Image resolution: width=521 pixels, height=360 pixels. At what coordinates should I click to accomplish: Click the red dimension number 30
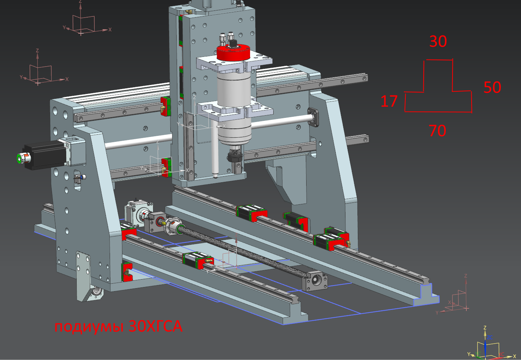(x=438, y=42)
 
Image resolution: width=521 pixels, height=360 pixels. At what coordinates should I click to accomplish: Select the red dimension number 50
(x=492, y=87)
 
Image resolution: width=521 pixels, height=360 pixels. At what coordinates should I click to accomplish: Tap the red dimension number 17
(x=389, y=101)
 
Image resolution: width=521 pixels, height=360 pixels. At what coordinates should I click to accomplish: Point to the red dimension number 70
(x=438, y=131)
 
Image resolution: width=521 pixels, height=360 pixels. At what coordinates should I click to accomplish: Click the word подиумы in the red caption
(x=89, y=327)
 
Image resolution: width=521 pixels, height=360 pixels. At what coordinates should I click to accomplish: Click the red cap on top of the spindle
(x=233, y=52)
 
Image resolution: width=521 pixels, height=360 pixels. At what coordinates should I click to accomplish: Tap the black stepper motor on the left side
(x=44, y=155)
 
